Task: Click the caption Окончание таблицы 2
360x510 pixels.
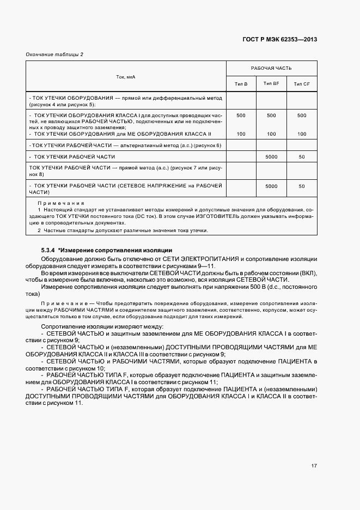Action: point(54,54)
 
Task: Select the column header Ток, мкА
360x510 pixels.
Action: point(126,76)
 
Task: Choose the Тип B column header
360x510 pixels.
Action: point(241,83)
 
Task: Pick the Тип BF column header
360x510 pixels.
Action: point(271,83)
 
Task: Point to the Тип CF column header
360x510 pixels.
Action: point(301,83)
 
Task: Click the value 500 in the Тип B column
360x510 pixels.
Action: point(241,115)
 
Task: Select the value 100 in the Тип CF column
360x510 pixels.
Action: point(301,133)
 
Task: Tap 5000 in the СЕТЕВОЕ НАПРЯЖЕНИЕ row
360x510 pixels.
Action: point(271,186)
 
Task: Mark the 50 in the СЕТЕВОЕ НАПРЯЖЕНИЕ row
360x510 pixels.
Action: point(301,186)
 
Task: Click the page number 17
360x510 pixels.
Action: point(314,466)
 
